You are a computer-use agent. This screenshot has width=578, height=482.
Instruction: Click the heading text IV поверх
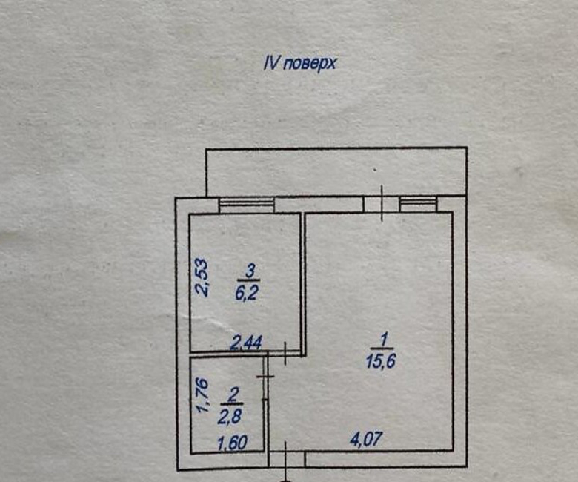coord(299,64)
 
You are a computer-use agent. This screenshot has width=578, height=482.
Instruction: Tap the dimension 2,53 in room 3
coord(202,277)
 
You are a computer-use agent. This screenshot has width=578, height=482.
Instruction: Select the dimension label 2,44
coord(246,343)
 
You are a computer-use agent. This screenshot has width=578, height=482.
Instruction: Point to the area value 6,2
coord(246,294)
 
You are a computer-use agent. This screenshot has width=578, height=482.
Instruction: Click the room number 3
coord(250,272)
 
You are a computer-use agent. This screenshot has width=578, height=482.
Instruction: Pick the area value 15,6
coord(381,361)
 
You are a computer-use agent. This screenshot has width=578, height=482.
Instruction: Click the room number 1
coord(384,340)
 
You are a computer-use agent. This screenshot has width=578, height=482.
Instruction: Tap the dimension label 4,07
coord(366,440)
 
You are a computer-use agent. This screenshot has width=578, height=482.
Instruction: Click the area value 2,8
coord(229,417)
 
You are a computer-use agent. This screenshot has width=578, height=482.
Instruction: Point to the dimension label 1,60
coord(232,443)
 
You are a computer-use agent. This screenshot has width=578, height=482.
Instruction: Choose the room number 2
coord(233,395)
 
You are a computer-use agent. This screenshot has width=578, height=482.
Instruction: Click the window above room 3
coord(247,205)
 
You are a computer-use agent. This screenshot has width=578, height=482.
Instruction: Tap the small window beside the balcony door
coord(419,204)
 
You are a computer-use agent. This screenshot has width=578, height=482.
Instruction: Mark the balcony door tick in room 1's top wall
coord(382,204)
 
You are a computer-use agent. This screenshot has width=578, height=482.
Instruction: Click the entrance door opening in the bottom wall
coord(287,460)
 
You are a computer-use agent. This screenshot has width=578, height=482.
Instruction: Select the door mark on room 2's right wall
coord(265,377)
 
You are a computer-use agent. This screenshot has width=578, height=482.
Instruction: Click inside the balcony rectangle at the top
coord(336,171)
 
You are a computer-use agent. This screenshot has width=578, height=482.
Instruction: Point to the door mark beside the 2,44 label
coord(286,353)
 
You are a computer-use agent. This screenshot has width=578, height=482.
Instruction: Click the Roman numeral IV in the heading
coord(270,63)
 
